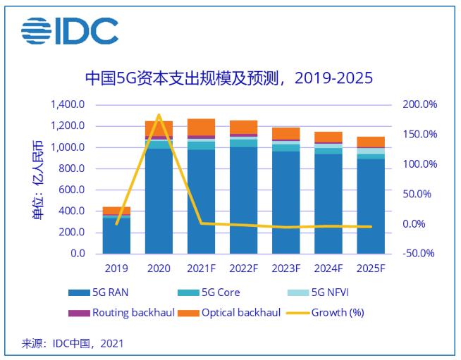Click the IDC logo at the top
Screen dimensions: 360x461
(x=69, y=30)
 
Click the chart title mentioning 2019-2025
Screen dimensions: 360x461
(x=228, y=77)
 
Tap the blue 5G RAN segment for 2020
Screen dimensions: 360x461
(x=159, y=201)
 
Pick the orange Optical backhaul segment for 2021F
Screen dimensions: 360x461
(x=201, y=127)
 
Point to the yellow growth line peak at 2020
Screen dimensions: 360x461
(x=159, y=115)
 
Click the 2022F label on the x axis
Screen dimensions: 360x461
(x=243, y=268)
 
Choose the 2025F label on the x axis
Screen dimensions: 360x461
(x=370, y=268)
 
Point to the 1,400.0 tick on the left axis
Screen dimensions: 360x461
(x=68, y=105)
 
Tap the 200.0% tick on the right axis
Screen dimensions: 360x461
(x=419, y=105)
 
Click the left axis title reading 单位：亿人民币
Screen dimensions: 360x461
(x=36, y=179)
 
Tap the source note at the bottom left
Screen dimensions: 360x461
(x=73, y=344)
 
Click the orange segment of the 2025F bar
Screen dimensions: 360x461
(x=370, y=142)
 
